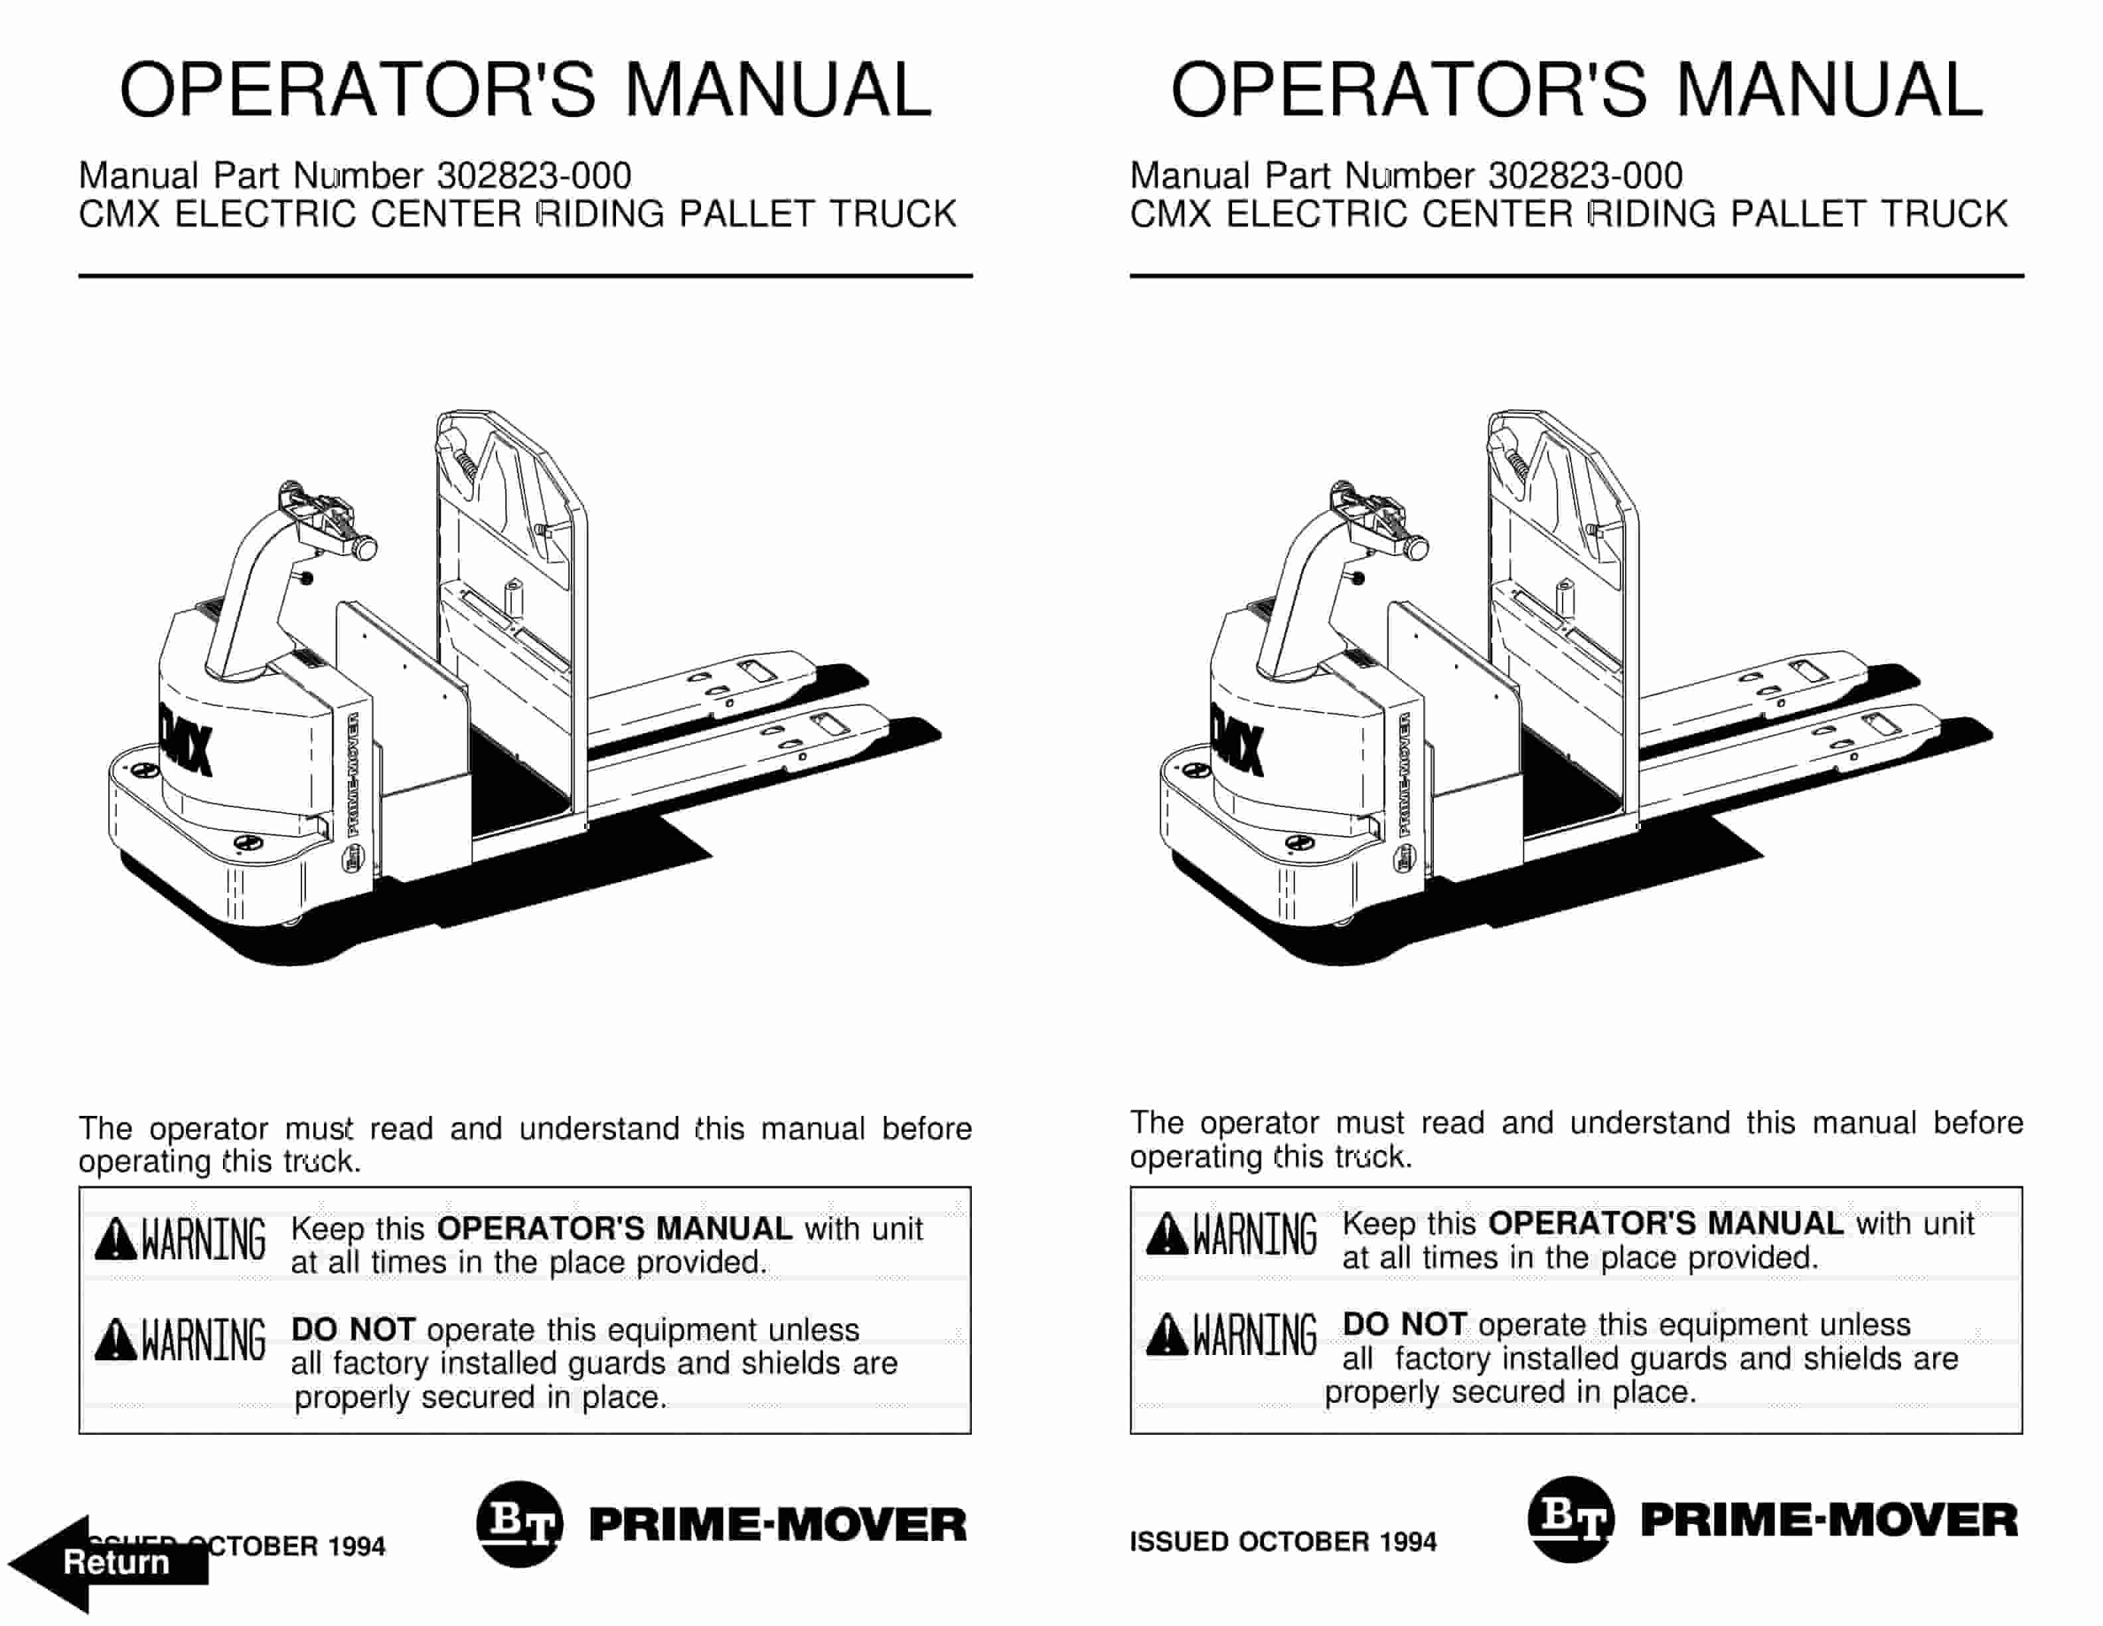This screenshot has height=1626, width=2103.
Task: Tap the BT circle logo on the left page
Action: [x=519, y=1524]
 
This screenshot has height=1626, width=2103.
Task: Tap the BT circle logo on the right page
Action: [x=1571, y=1519]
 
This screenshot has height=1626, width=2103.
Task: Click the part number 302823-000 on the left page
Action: [x=534, y=176]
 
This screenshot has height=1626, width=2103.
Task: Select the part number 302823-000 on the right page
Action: [x=1585, y=176]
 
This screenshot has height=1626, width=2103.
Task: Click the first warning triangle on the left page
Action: [x=116, y=1239]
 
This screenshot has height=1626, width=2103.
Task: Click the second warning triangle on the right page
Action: [x=1166, y=1335]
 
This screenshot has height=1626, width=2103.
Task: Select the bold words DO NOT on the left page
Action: [x=352, y=1329]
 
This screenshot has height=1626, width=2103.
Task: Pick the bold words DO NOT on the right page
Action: [x=1404, y=1324]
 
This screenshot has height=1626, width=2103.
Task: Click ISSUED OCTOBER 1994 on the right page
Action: [x=1282, y=1542]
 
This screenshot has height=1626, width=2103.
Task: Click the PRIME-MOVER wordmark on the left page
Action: [x=777, y=1525]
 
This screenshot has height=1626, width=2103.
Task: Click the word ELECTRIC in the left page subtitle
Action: [x=265, y=214]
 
